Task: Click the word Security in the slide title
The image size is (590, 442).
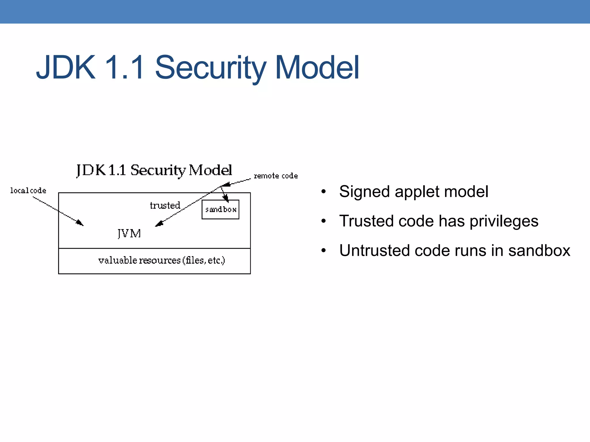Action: [210, 68]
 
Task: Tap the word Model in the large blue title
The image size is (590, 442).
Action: [317, 68]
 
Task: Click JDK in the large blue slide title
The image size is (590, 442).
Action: [66, 68]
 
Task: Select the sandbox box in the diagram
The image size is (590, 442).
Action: [220, 209]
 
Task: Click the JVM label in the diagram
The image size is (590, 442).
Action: [129, 233]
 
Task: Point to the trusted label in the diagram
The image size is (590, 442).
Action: [165, 205]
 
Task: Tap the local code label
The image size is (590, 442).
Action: [28, 190]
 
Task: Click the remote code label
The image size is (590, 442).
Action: [276, 176]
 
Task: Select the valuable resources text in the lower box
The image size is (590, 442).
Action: [161, 260]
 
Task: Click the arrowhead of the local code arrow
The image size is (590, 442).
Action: [80, 223]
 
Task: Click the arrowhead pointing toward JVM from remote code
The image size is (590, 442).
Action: [159, 224]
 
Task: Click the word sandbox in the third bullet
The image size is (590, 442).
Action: [539, 250]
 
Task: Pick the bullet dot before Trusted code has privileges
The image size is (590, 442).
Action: [324, 221]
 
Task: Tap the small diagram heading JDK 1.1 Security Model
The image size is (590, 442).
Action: [154, 170]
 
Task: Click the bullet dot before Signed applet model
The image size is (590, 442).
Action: [324, 192]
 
